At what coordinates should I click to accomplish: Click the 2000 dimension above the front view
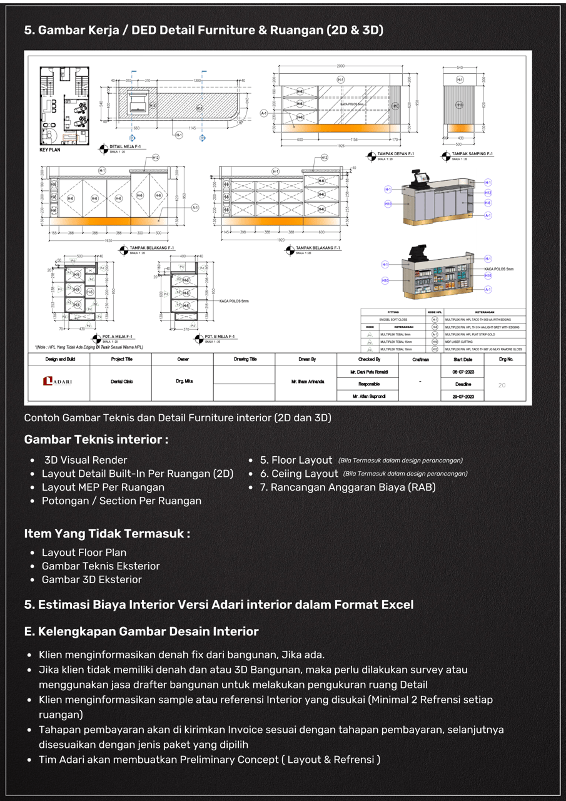(x=341, y=66)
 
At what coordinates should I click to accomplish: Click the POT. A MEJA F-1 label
(x=120, y=336)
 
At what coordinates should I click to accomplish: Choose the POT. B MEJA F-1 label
(x=220, y=337)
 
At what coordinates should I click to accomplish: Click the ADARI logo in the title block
(x=58, y=381)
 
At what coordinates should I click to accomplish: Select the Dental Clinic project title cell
(x=121, y=381)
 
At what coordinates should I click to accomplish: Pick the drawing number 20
(x=502, y=385)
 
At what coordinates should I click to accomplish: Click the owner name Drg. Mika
(x=183, y=381)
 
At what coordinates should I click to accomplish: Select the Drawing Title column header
(x=245, y=360)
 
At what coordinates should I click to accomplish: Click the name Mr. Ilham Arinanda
(x=306, y=381)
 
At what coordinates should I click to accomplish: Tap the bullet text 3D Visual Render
(x=86, y=460)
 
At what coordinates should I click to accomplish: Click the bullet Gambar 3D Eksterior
(x=91, y=579)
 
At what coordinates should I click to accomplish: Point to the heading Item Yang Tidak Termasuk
(x=106, y=534)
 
